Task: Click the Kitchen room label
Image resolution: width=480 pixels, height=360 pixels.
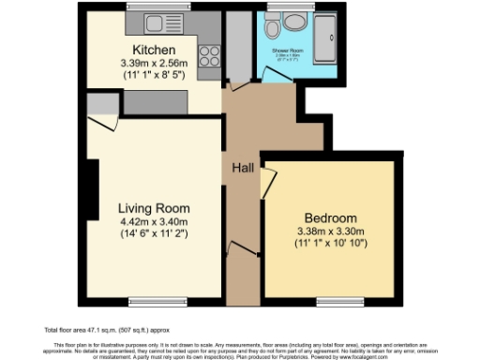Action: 151,50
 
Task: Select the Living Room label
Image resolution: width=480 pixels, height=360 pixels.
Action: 154,208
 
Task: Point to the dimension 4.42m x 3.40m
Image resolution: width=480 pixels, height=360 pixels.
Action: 154,222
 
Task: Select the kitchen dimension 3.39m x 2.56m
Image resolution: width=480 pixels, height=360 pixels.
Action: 154,63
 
